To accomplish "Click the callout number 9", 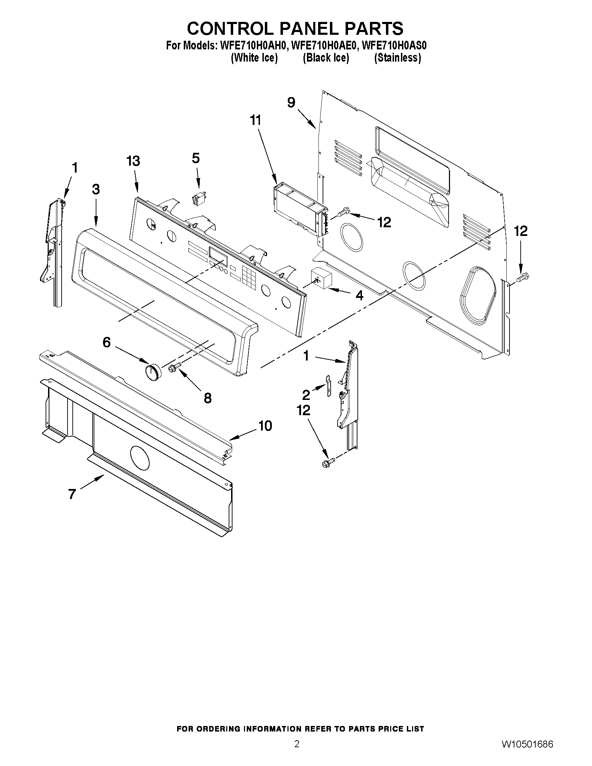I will pos(291,102).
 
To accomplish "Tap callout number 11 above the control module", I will pos(256,120).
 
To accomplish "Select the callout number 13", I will pos(133,161).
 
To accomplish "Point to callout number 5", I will pos(196,158).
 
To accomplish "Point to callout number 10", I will pos(265,426).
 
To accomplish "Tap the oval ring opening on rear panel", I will pos(478,295).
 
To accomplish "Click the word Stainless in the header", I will pos(397,57).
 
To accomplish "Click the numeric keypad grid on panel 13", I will pos(248,277).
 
